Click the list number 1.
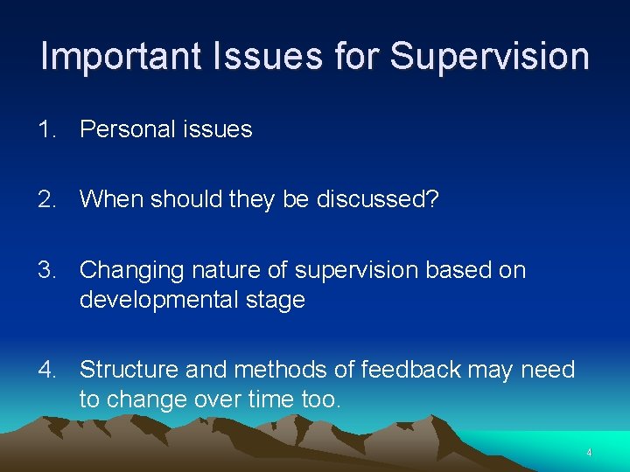pos(45,129)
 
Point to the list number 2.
pos(45,199)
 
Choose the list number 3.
pos(45,270)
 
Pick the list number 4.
pos(45,370)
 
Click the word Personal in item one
pos(122,129)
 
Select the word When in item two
pos(111,199)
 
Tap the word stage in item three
pos(278,300)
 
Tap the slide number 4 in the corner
pos(589,453)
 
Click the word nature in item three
pos(211,270)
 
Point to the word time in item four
pos(276,399)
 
